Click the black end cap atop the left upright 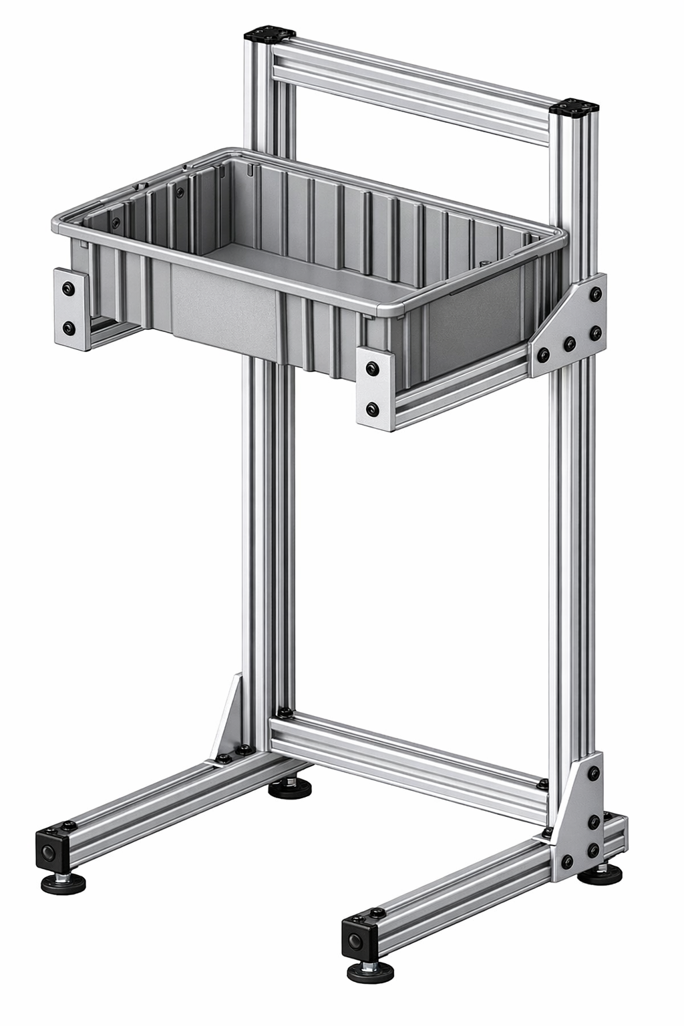(x=271, y=33)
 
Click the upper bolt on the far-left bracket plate (x=67, y=289)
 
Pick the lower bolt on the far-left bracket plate (x=67, y=327)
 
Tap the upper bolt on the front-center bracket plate (x=371, y=367)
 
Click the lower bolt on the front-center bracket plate (x=371, y=408)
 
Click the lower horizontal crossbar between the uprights (x=407, y=761)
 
